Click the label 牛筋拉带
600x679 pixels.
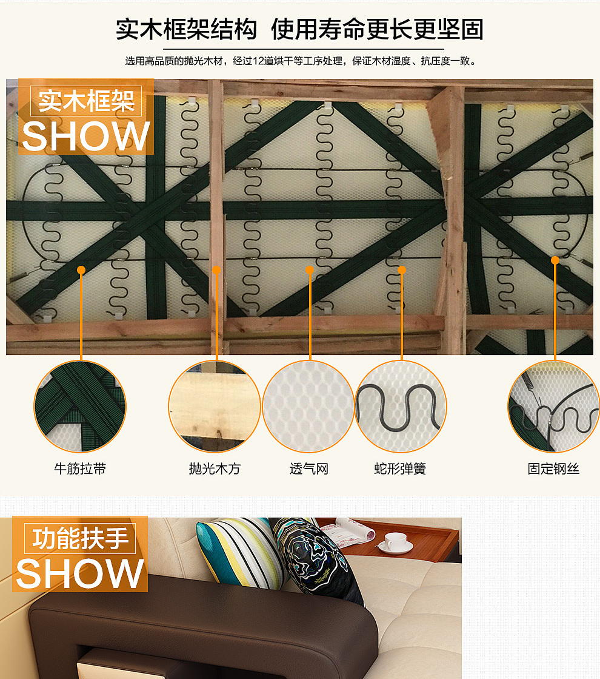(80, 469)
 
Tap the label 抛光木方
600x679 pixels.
(215, 469)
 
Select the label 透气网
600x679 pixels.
(308, 469)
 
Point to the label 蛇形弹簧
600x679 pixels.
(400, 469)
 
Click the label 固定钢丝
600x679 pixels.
(553, 469)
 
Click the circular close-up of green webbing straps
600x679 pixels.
(80, 407)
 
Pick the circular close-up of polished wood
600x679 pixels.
(215, 407)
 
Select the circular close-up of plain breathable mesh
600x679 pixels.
(308, 407)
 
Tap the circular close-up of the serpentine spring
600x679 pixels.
(400, 407)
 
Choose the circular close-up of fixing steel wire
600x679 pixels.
(553, 407)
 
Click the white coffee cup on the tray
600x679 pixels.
(396, 541)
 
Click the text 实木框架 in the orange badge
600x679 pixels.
(86, 101)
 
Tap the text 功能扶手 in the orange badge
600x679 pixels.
(80, 538)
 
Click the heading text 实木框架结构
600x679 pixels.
(186, 29)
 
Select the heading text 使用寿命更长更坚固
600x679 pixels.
(377, 29)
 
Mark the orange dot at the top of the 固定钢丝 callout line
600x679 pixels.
(555, 260)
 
